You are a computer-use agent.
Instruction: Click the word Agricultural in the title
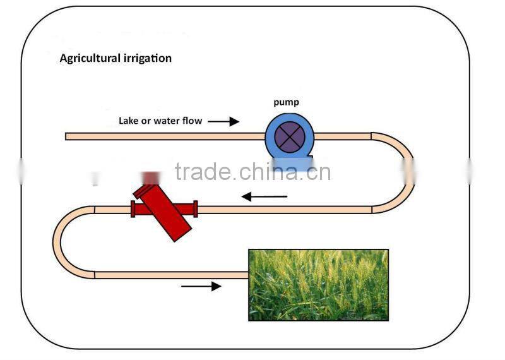tap(88, 58)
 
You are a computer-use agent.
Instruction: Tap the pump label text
tap(286, 102)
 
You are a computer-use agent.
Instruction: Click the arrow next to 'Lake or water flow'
tap(223, 121)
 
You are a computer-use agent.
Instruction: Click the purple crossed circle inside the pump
tap(289, 136)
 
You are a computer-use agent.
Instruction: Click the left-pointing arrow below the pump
tap(264, 196)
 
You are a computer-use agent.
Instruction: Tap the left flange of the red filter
tap(133, 208)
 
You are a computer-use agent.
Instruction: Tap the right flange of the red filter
tap(196, 208)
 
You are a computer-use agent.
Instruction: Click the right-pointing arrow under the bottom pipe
tap(201, 286)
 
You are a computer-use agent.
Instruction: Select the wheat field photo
tap(318, 284)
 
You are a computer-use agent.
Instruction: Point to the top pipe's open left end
tap(68, 136)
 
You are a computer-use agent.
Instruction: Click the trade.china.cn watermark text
tap(252, 172)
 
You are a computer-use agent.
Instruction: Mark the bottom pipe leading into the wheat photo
tap(170, 275)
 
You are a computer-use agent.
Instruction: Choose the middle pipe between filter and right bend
tap(284, 208)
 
